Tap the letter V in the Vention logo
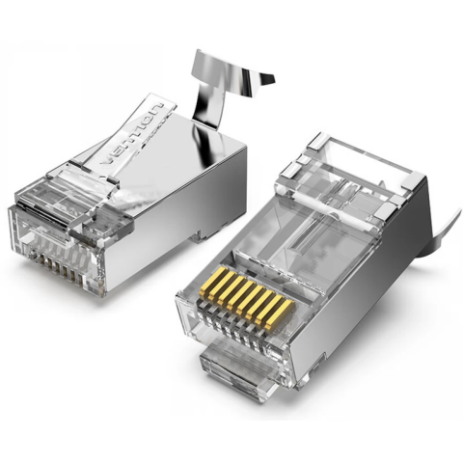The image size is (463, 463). (108, 160)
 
